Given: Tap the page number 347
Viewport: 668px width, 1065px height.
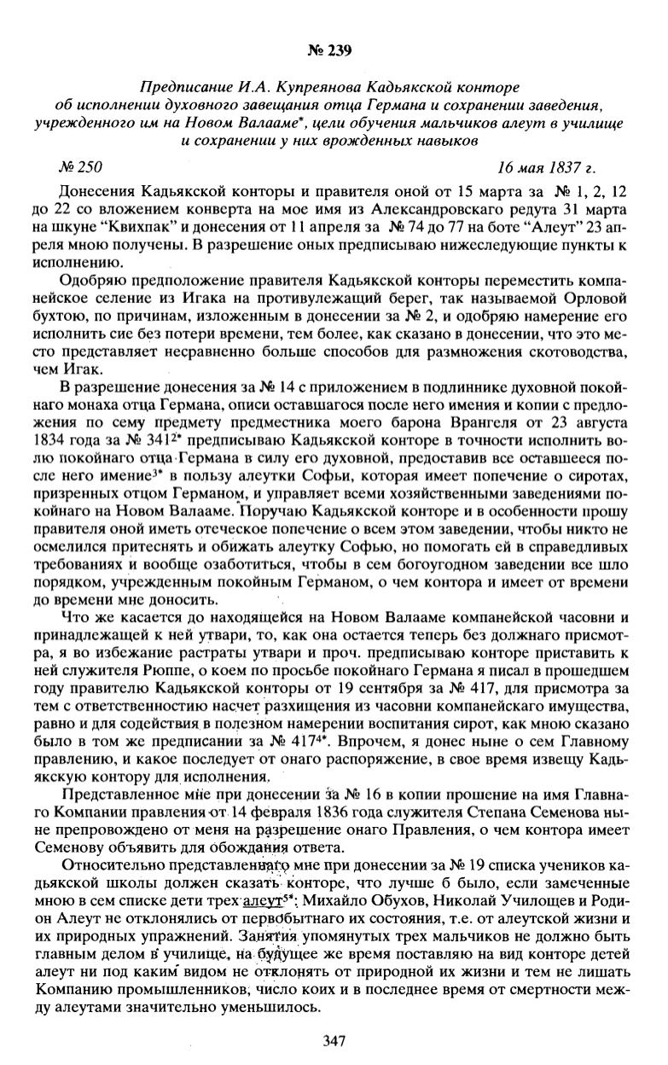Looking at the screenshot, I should click(334, 1039).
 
